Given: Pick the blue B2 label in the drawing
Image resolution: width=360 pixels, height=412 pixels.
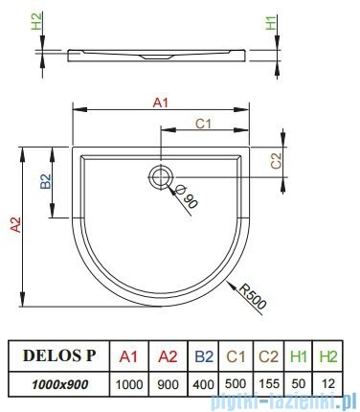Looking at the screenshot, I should [45, 179].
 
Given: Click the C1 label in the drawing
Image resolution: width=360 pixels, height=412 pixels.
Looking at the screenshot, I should [202, 123].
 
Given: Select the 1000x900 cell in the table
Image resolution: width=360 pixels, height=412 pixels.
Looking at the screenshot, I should [54, 381].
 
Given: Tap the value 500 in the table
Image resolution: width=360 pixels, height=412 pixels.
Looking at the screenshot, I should [236, 381].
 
